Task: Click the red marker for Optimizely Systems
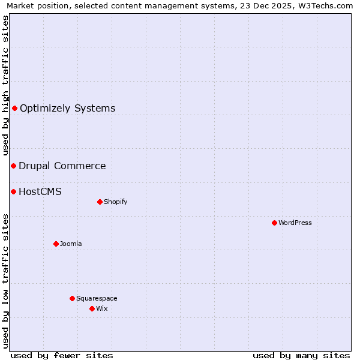click(14, 108)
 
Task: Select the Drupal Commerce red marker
click(13, 166)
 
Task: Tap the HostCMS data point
click(13, 191)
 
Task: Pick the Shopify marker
click(100, 202)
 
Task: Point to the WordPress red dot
click(274, 223)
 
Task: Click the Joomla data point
click(56, 244)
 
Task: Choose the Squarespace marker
click(72, 298)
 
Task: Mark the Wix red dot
click(92, 308)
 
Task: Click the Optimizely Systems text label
click(67, 109)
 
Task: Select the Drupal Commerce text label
click(62, 166)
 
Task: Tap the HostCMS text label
click(40, 192)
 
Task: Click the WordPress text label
click(295, 223)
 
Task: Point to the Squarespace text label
click(97, 299)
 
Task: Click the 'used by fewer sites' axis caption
click(62, 355)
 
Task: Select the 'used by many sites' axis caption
click(301, 355)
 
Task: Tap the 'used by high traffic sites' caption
click(5, 86)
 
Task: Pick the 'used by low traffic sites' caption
click(5, 280)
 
